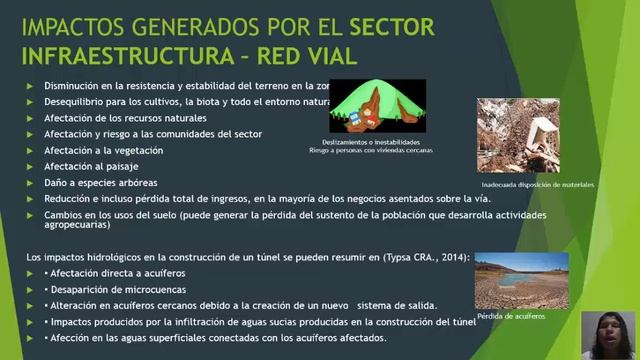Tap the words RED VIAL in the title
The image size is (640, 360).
(x=300, y=52)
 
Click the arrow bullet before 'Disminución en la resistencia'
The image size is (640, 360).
(x=30, y=87)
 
